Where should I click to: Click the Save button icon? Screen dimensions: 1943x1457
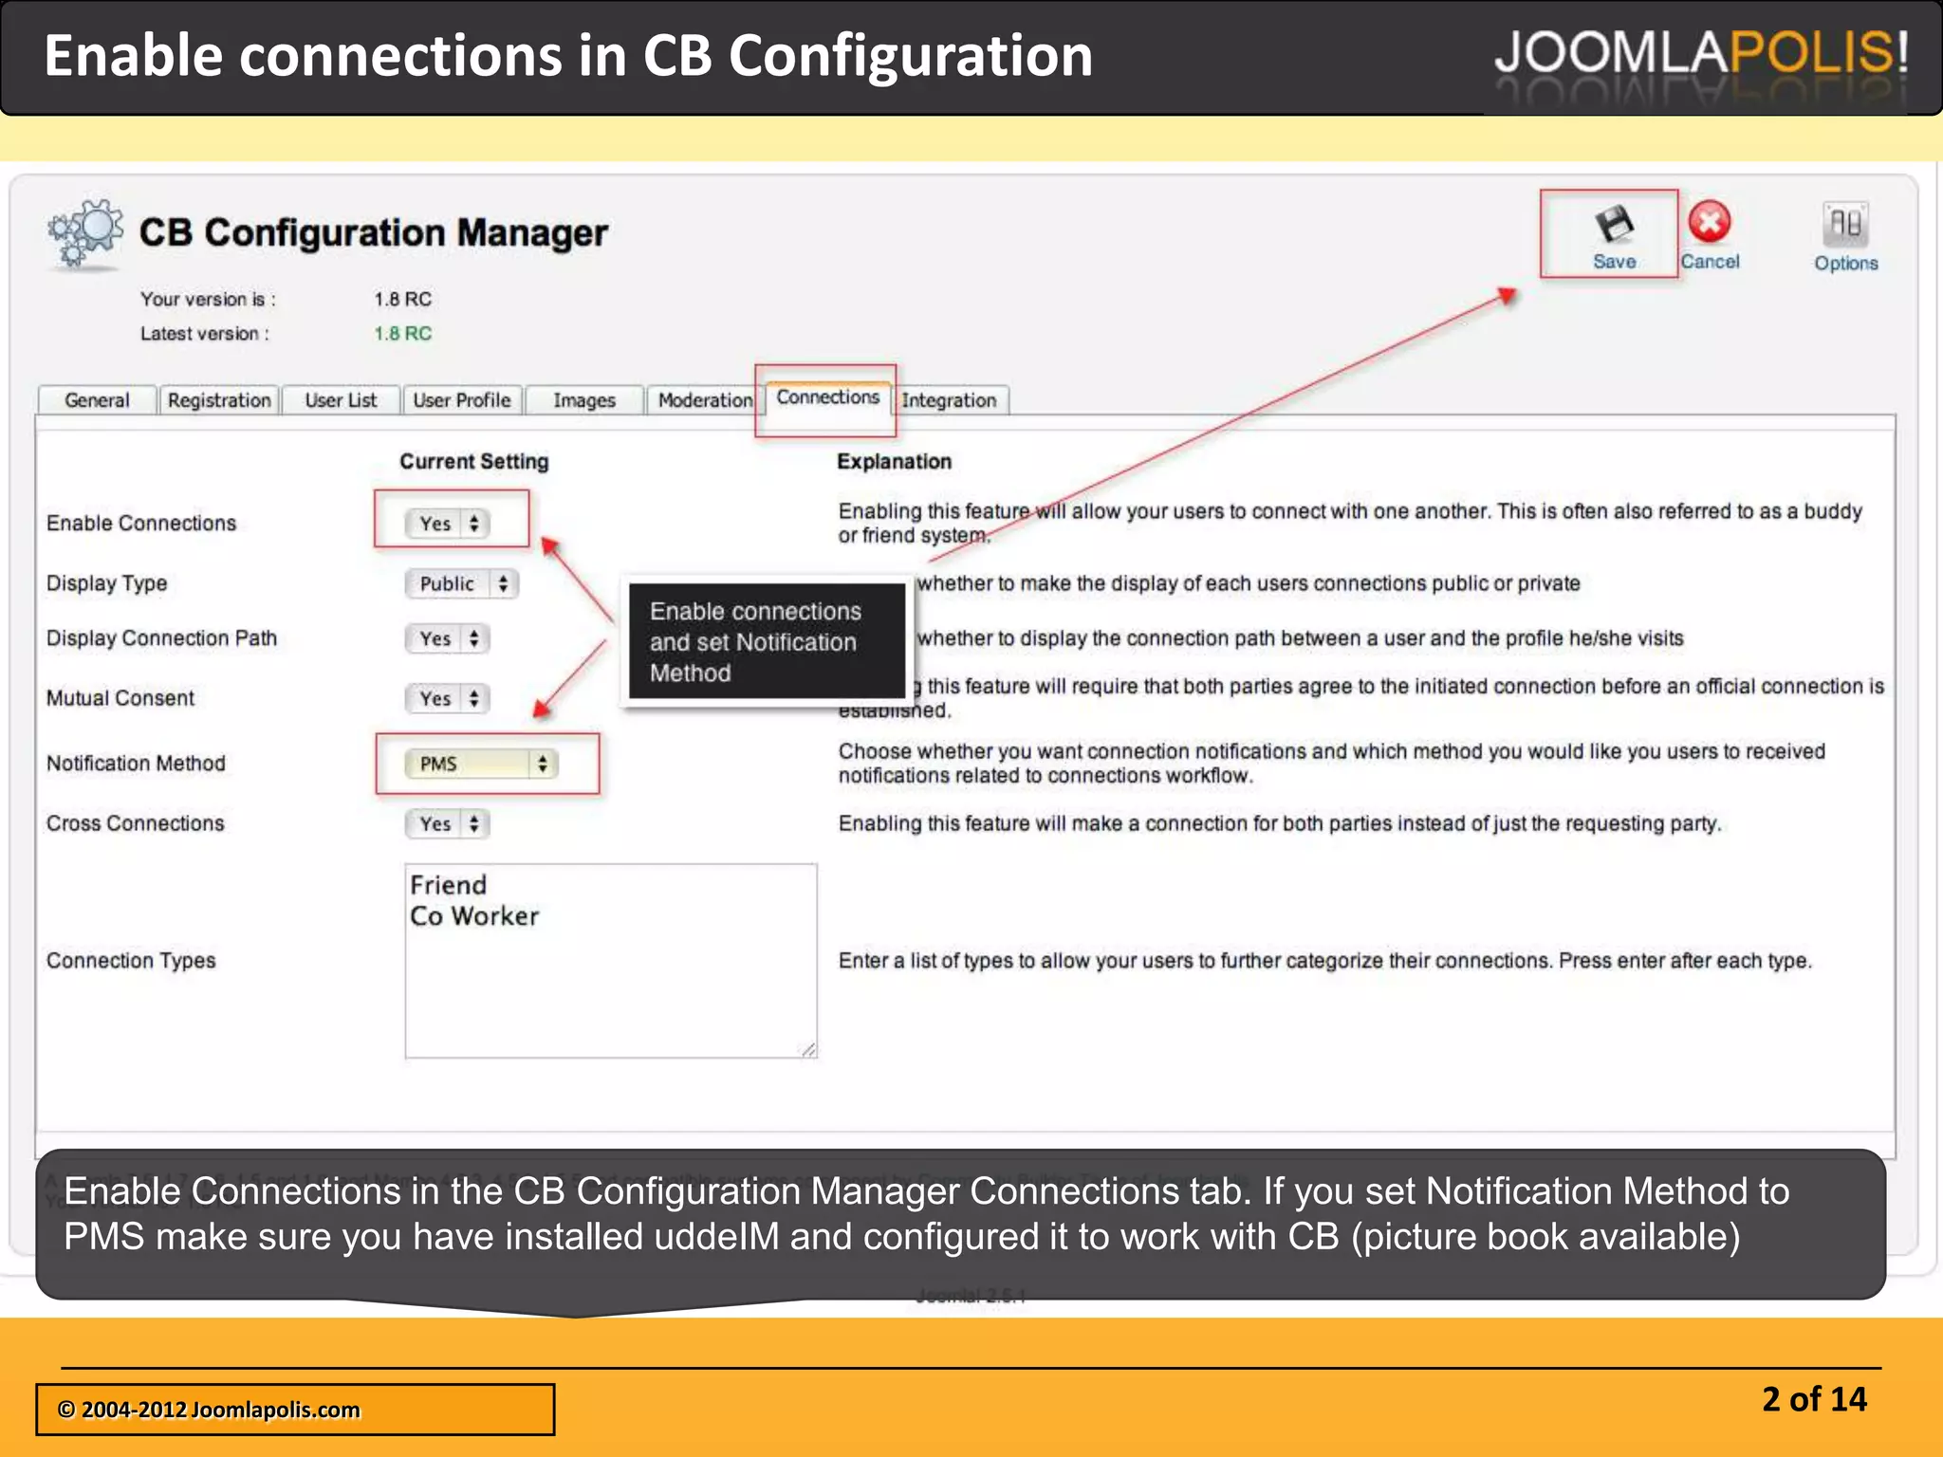pyautogui.click(x=1614, y=225)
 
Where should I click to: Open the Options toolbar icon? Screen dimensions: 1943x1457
pyautogui.click(x=1845, y=226)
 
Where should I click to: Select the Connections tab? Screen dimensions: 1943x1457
pyautogui.click(x=827, y=397)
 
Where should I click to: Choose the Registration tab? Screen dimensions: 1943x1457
pyautogui.click(x=219, y=400)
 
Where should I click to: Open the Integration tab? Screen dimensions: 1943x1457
pyautogui.click(x=949, y=400)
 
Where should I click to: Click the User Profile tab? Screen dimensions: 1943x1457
pyautogui.click(x=462, y=400)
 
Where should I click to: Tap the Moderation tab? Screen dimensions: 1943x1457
pyautogui.click(x=705, y=400)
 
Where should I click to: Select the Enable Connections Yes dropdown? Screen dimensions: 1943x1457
pyautogui.click(x=448, y=524)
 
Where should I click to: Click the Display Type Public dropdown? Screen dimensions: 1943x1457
pyautogui.click(x=462, y=583)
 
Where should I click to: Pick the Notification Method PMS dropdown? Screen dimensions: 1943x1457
pyautogui.click(x=482, y=764)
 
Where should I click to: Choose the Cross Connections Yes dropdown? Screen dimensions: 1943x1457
pyautogui.click(x=448, y=823)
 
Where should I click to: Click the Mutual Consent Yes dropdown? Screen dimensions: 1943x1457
pyautogui.click(x=448, y=699)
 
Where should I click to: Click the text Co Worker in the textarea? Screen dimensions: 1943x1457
pyautogui.click(x=474, y=916)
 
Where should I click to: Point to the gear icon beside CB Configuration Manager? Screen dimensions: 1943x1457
pyautogui.click(x=85, y=232)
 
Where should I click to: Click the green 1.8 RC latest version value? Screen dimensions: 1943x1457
pyautogui.click(x=402, y=334)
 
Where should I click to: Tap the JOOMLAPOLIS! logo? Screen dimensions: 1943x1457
pyautogui.click(x=1700, y=53)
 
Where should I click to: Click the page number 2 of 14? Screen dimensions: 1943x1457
pyautogui.click(x=1814, y=1399)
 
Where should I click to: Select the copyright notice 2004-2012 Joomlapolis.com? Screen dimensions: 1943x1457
pyautogui.click(x=209, y=1410)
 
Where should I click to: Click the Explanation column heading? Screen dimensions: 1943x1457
pyautogui.click(x=894, y=462)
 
